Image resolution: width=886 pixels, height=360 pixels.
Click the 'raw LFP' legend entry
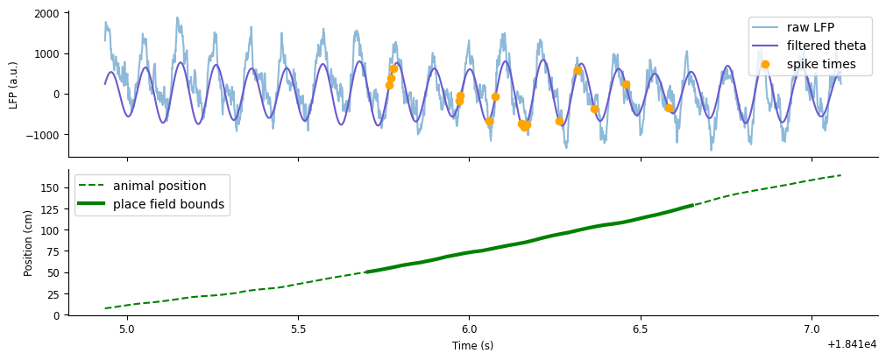point(810,27)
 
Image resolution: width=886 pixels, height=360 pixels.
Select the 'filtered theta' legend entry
point(826,46)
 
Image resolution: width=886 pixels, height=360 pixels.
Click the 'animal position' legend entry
point(159,186)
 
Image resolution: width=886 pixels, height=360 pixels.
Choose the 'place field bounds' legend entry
point(168,204)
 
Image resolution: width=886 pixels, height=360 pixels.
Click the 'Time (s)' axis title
point(472,346)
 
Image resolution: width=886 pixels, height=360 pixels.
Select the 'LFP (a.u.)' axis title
point(13,84)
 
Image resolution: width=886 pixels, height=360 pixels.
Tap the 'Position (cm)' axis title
point(29,243)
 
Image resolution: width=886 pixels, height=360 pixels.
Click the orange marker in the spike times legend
point(765,64)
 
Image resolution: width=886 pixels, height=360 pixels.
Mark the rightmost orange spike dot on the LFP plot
point(669,109)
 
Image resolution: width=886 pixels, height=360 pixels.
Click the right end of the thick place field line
point(692,205)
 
